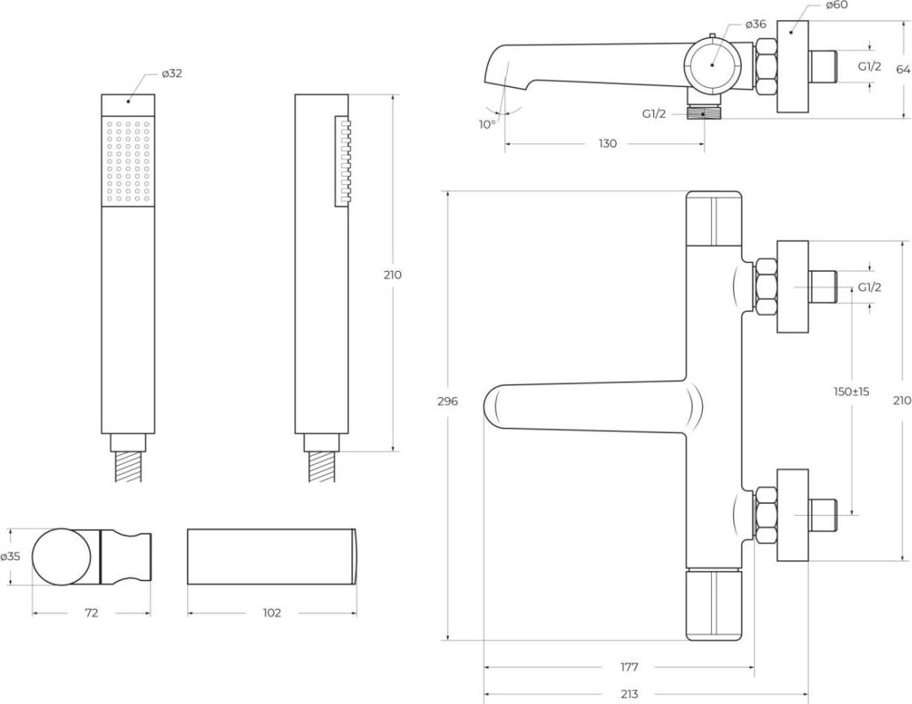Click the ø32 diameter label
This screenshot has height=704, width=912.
(172, 73)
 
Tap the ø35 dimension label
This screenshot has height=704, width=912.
(10, 557)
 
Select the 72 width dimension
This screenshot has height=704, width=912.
(91, 613)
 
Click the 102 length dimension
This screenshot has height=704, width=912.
(272, 613)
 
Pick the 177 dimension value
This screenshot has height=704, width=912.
(629, 667)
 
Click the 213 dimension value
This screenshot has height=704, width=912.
(629, 694)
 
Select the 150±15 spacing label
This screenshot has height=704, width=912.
(851, 391)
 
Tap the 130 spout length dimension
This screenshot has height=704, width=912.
(607, 144)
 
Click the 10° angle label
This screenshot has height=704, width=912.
(487, 124)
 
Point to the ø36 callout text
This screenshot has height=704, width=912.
(756, 24)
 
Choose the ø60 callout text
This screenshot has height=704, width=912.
(836, 6)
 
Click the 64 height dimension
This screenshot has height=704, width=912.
(903, 69)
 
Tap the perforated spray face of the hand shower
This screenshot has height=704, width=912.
(128, 162)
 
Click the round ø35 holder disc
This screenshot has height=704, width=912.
(62, 557)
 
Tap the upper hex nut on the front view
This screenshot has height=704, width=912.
(766, 286)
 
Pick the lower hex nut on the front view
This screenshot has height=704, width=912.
(766, 514)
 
